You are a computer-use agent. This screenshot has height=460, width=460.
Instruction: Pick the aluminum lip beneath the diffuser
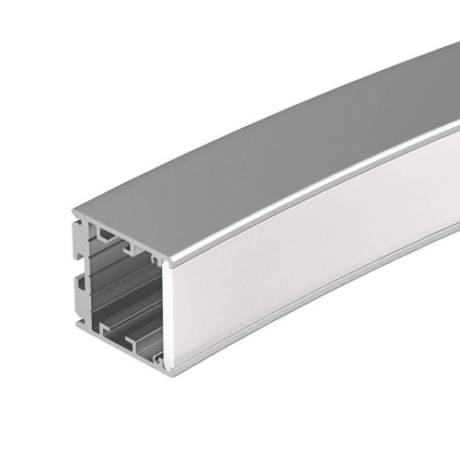click(276, 317)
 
